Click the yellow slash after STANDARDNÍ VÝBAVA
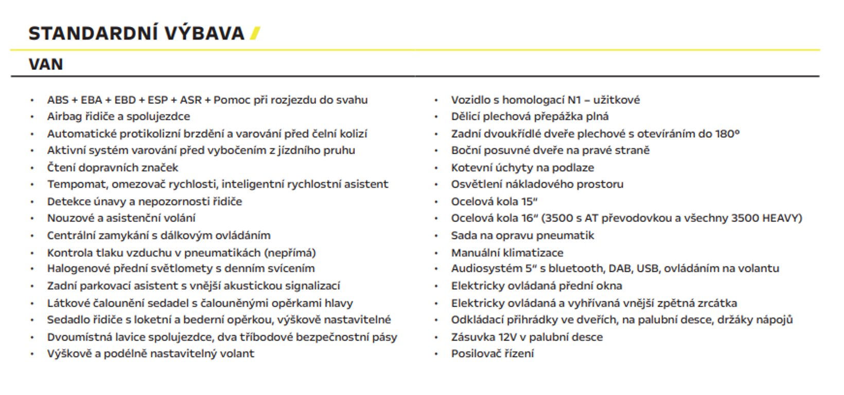pyautogui.click(x=255, y=33)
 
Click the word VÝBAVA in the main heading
pyautogui.click(x=204, y=33)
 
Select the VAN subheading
pyautogui.click(x=46, y=64)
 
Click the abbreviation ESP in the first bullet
pyautogui.click(x=158, y=100)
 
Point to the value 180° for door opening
pyautogui.click(x=727, y=134)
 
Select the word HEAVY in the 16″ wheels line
pyautogui.click(x=782, y=218)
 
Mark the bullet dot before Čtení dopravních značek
pyautogui.click(x=32, y=168)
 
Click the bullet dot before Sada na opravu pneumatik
pyautogui.click(x=436, y=236)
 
